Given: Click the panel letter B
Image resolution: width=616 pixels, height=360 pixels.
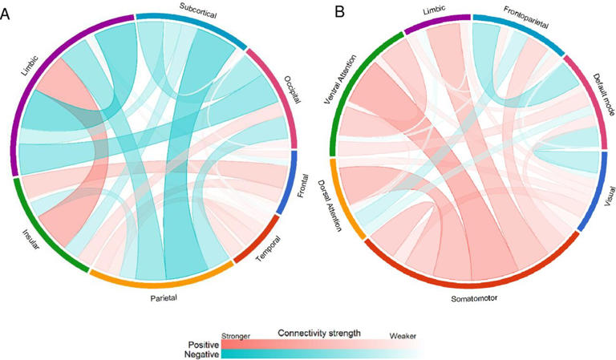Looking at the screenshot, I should click(318, 13).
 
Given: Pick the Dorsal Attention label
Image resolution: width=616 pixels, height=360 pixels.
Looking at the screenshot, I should click(330, 207).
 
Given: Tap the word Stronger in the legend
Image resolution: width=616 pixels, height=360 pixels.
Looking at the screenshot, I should click(235, 337).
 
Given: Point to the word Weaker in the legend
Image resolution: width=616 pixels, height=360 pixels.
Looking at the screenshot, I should click(402, 337).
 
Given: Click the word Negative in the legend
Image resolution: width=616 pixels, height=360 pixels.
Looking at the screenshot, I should click(200, 353).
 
